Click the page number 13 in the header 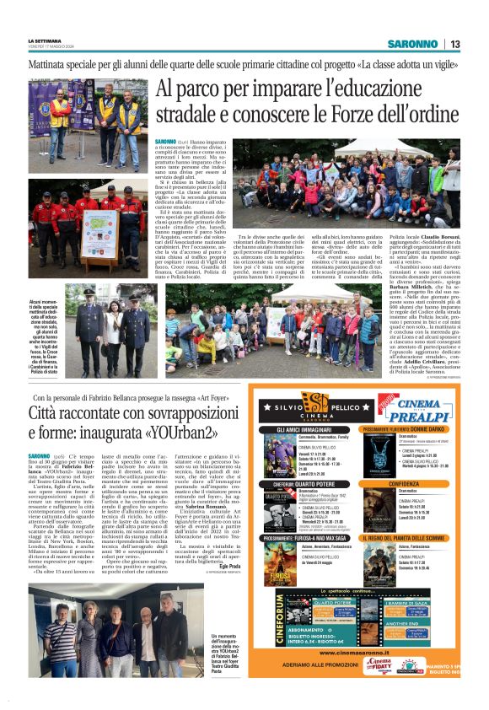point(455,45)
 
